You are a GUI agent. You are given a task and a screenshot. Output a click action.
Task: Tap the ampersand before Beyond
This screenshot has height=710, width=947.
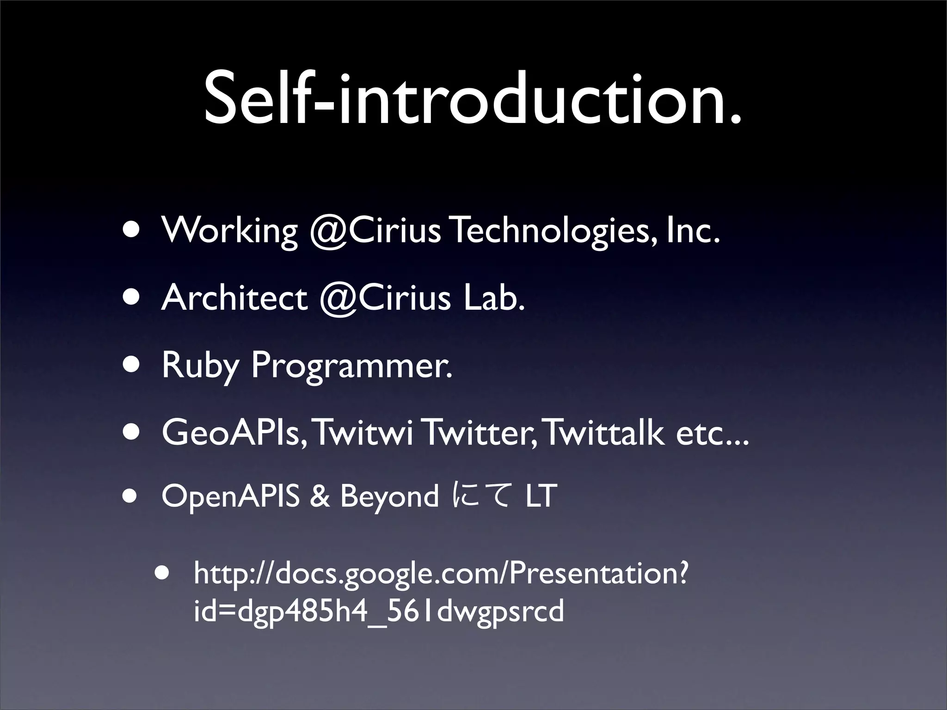[x=320, y=496]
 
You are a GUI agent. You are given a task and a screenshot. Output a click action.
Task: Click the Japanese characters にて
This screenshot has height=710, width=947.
[x=482, y=496]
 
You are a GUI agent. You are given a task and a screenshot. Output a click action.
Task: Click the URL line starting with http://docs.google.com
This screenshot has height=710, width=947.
[x=440, y=574]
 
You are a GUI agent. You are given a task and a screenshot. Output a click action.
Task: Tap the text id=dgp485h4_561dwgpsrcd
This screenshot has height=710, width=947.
[x=379, y=611]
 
